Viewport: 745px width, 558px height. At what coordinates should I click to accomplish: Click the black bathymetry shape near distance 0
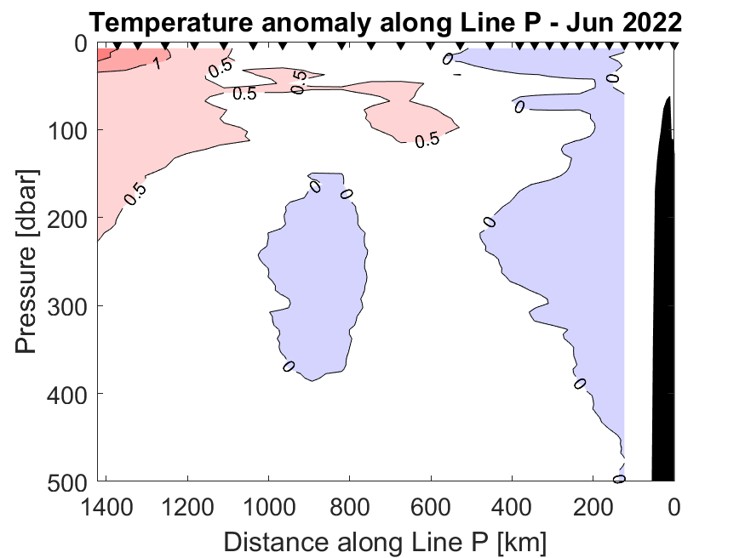tap(664, 298)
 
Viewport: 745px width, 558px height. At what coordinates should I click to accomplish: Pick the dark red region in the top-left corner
tap(119, 58)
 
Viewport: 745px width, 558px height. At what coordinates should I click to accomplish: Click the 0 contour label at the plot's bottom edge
tap(619, 479)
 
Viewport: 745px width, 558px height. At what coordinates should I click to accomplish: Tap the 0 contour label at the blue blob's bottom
tap(289, 366)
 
